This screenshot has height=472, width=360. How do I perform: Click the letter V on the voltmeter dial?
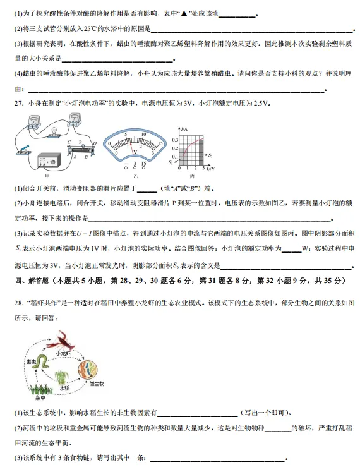[133, 152]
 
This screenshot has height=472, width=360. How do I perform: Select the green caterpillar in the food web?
[42, 362]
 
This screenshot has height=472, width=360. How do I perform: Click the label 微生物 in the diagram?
[97, 384]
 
